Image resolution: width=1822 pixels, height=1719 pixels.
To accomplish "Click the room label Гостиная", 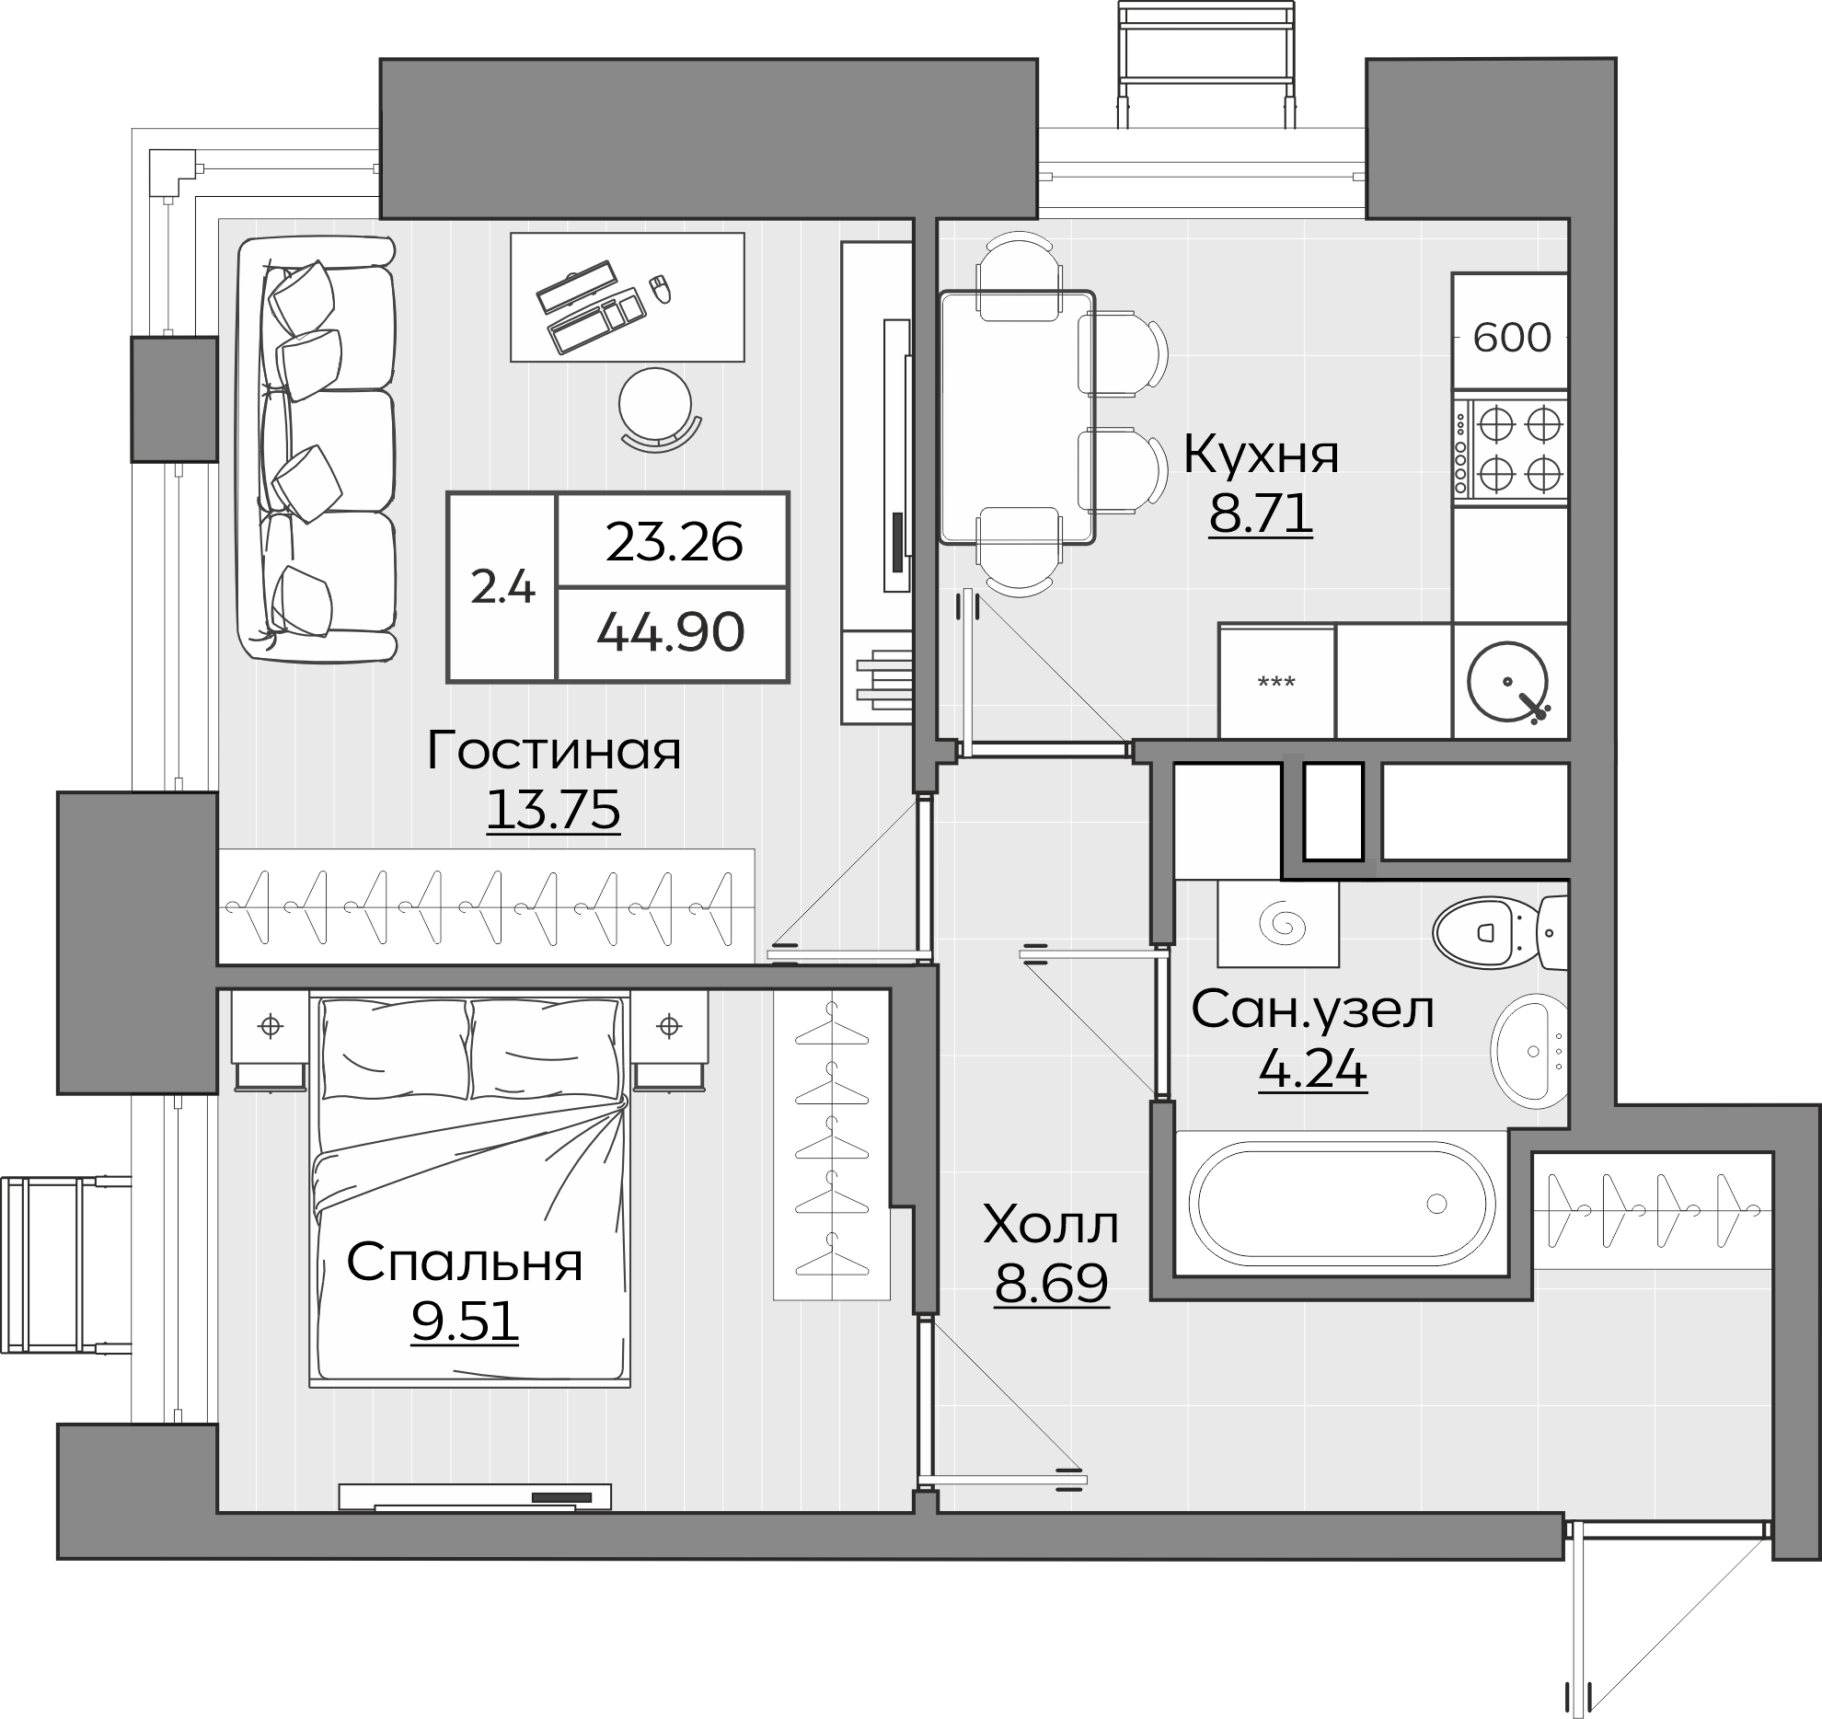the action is click(x=554, y=751).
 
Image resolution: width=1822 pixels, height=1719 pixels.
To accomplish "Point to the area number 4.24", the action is click(x=1312, y=1069).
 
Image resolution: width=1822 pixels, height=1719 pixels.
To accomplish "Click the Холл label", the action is click(x=1051, y=1224).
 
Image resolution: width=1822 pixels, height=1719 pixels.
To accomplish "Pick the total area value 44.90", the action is click(x=671, y=633).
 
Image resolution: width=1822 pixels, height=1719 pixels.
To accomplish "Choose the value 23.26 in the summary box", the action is click(x=675, y=542).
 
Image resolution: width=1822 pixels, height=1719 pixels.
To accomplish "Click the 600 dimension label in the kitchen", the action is click(x=1512, y=338).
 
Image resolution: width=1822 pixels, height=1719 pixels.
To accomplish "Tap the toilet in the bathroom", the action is click(x=1501, y=932).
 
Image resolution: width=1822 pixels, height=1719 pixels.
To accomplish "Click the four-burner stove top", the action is click(x=1510, y=451).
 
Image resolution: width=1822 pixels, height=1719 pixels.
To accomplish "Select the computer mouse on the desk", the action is click(x=660, y=289).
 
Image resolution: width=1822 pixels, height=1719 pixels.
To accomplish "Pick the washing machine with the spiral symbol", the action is click(x=1278, y=923).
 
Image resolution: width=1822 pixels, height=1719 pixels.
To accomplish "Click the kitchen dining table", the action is click(x=1018, y=417).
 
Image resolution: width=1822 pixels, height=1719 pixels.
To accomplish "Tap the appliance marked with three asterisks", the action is click(x=1276, y=682).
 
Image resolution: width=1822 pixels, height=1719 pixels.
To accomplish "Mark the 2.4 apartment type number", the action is click(x=502, y=587).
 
